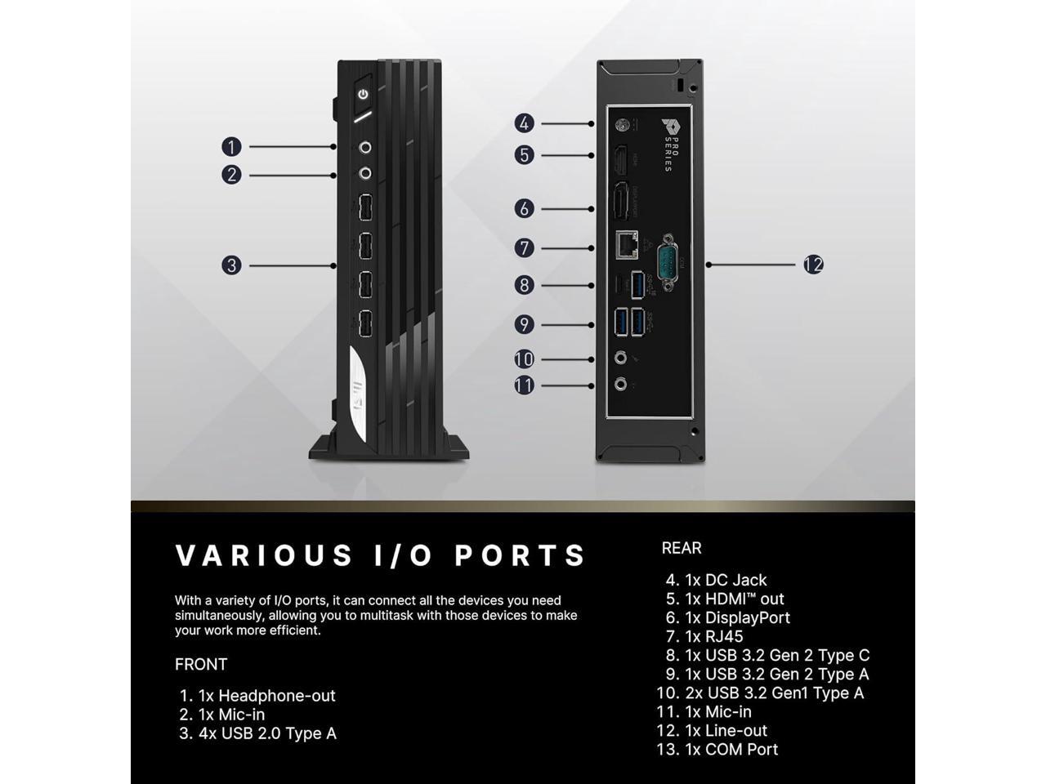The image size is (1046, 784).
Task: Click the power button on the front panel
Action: pyautogui.click(x=363, y=95)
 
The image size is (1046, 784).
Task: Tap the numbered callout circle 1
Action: pyautogui.click(x=231, y=147)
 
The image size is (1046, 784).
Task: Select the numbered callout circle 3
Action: pyautogui.click(x=231, y=265)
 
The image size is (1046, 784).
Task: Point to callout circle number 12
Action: pyautogui.click(x=813, y=265)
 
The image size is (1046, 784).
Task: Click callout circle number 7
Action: pyautogui.click(x=524, y=247)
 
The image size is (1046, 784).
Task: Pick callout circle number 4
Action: pyautogui.click(x=524, y=123)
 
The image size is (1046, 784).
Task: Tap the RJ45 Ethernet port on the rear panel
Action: pyautogui.click(x=627, y=243)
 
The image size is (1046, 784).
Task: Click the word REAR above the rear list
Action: pyautogui.click(x=682, y=548)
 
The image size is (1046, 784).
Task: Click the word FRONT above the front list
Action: pyautogui.click(x=201, y=664)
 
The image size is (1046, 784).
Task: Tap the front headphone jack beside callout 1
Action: pyautogui.click(x=365, y=148)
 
